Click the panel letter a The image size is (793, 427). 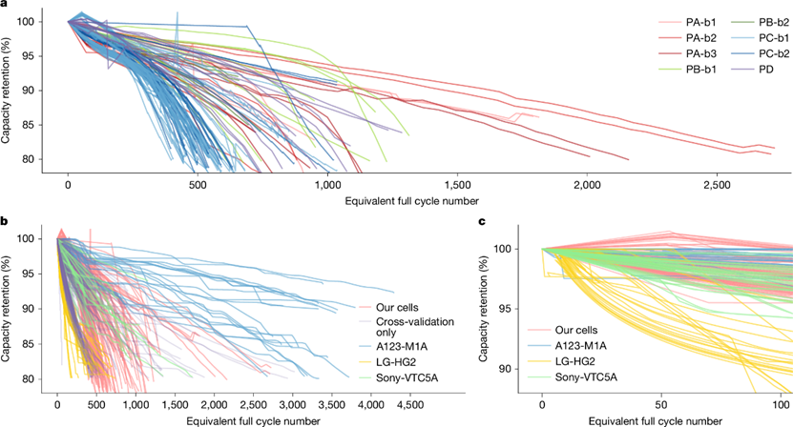[x=5, y=6]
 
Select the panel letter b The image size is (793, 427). [x=5, y=222]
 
